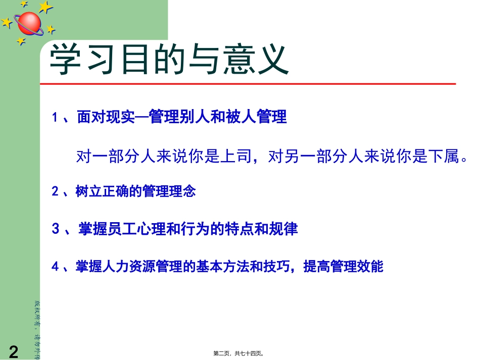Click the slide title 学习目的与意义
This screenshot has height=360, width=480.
[169, 60]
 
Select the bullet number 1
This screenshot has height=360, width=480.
[56, 118]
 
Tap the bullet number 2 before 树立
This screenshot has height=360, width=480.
[56, 192]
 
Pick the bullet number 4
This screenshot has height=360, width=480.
[56, 267]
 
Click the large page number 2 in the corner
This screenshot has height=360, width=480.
[14, 351]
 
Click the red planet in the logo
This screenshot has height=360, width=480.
[29, 22]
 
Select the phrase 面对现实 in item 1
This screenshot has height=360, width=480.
[107, 118]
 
